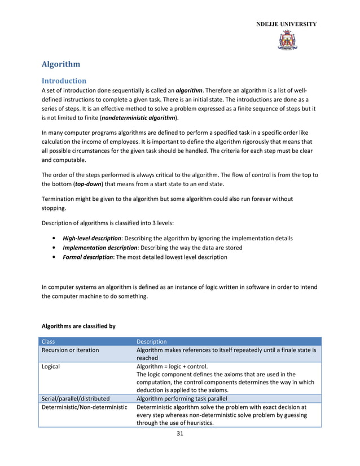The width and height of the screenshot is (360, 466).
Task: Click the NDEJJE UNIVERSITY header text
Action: tap(287, 24)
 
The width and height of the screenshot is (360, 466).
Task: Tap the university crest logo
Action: tap(287, 41)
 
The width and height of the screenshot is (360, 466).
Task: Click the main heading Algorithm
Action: tap(61, 64)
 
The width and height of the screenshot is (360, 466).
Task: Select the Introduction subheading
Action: tap(64, 81)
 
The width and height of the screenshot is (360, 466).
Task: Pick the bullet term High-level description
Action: tap(91, 239)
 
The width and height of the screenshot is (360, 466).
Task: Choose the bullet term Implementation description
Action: tap(100, 248)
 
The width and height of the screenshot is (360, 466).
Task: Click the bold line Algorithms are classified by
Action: tap(78, 326)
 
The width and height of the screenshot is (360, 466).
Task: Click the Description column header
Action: tap(152, 341)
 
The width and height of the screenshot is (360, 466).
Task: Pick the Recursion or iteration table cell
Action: tap(70, 350)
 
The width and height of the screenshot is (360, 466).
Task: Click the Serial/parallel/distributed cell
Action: tap(76, 398)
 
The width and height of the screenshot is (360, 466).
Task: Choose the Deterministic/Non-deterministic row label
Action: tap(85, 407)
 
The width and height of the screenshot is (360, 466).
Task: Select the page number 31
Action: tap(181, 433)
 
